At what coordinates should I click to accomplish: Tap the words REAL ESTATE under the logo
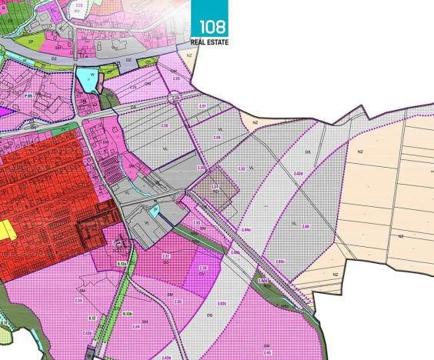pyautogui.click(x=209, y=42)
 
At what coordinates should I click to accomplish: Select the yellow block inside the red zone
pyautogui.click(x=6, y=228)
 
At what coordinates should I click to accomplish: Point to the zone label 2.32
pyautogui.click(x=242, y=168)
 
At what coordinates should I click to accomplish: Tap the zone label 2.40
pyautogui.click(x=305, y=226)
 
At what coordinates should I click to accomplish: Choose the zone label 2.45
pyautogui.click(x=267, y=352)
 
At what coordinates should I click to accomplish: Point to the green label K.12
pyautogui.click(x=91, y=316)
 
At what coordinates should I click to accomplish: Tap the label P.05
pyautogui.click(x=28, y=95)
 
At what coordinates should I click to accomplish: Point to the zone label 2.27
pyautogui.click(x=202, y=105)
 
